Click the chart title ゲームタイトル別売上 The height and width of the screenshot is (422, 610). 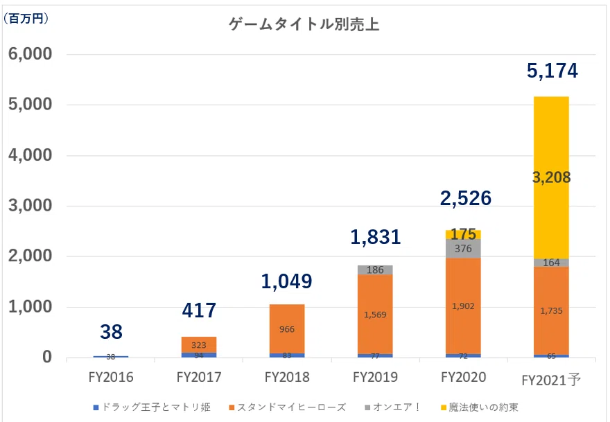point(304,26)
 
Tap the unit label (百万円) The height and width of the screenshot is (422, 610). point(26,19)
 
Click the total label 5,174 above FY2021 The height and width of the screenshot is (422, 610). point(552,71)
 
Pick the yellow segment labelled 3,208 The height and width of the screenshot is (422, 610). point(551,177)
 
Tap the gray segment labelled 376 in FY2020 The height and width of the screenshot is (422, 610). point(464,249)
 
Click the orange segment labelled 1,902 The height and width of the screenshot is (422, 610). point(464,306)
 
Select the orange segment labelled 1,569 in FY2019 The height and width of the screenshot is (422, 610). point(376,314)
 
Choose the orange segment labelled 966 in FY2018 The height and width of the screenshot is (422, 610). point(287,329)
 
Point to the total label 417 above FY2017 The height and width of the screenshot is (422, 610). point(198,310)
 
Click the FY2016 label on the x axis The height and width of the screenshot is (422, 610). point(111,378)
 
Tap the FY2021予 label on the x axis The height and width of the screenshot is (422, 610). point(552,379)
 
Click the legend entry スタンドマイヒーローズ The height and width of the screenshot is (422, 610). point(291,407)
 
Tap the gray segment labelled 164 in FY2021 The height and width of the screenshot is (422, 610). point(551,263)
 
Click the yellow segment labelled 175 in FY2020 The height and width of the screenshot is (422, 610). point(464,234)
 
